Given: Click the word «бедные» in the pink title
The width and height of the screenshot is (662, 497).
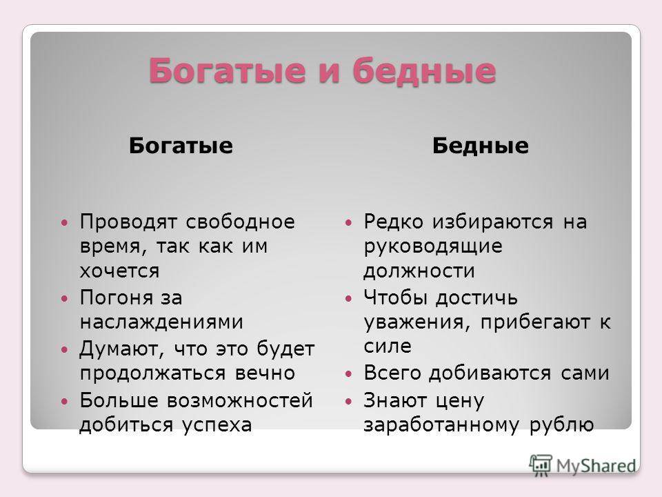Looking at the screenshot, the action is (424, 70).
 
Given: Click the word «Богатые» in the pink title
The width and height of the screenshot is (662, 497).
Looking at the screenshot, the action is (227, 70).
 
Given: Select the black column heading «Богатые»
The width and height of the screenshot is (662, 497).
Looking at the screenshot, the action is (181, 146).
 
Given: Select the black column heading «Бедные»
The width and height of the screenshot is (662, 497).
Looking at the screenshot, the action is (481, 146).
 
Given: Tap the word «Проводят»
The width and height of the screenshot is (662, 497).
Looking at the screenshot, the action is (128, 222).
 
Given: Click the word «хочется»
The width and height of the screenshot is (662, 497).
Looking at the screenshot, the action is (119, 271).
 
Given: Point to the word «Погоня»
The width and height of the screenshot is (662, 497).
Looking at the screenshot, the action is (116, 298).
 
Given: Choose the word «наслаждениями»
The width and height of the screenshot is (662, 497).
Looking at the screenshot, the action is (161, 322).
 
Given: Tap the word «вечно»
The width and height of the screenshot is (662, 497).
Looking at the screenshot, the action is (265, 373).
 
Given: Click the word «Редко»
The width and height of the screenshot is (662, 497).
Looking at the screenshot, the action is (393, 222).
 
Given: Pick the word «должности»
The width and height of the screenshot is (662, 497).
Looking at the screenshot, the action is (419, 271).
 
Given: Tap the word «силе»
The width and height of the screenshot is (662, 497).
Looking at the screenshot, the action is (388, 346).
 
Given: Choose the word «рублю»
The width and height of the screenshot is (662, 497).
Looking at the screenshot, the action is (562, 425).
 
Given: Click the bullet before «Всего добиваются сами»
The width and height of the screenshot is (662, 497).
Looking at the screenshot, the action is (348, 373).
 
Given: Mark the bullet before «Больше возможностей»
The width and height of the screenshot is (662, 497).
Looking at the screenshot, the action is (64, 400).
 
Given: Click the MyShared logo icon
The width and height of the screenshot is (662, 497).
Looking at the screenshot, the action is (541, 465).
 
